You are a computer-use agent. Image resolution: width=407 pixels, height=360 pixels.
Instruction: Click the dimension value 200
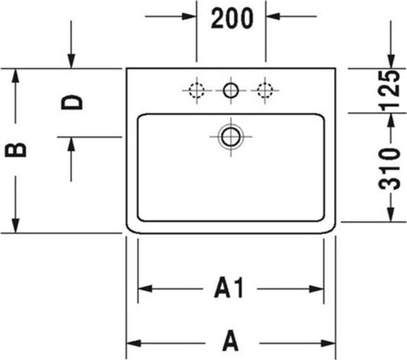pos(231,18)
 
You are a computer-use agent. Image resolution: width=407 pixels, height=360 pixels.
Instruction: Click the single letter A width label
pos(230,343)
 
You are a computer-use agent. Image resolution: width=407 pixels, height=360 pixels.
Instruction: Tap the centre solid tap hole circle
pos(230,91)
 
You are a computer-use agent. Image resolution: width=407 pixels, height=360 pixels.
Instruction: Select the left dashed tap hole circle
pos(196,91)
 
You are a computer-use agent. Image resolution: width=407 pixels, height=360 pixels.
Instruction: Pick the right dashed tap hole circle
pos(264,91)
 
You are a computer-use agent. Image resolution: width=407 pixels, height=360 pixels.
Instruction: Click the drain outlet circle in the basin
pos(230,137)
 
